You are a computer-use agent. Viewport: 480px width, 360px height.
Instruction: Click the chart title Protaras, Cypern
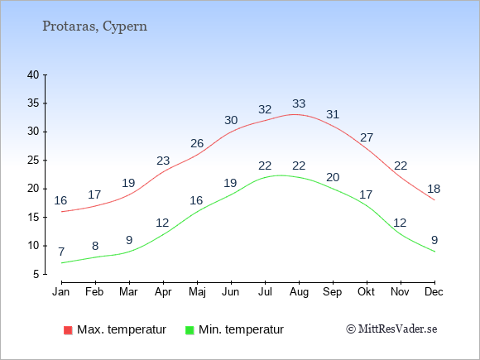(94, 26)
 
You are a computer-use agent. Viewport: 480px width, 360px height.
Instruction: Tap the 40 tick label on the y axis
(33, 74)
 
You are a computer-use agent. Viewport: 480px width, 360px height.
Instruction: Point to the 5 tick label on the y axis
(36, 274)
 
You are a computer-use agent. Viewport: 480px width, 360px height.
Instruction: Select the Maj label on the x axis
(197, 292)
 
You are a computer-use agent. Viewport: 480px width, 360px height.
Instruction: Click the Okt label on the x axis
(366, 292)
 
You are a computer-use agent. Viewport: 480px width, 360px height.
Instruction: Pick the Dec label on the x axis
(434, 292)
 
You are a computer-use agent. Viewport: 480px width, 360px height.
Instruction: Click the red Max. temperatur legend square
(68, 330)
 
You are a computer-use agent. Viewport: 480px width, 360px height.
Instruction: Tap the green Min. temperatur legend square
(190, 330)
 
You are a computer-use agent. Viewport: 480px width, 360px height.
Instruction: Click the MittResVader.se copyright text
(391, 329)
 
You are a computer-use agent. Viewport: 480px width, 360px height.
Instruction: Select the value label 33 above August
(299, 103)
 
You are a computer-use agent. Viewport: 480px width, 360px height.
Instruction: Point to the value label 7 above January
(61, 252)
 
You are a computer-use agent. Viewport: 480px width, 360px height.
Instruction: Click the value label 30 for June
(231, 120)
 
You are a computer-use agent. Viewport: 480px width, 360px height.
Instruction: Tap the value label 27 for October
(367, 137)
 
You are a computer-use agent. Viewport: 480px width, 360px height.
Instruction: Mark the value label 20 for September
(333, 178)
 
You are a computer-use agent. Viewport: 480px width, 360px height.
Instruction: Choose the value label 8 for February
(95, 246)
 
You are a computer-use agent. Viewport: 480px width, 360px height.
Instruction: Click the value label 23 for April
(163, 161)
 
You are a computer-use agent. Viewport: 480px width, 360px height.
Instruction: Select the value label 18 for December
(434, 189)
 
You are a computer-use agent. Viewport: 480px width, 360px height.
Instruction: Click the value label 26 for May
(197, 143)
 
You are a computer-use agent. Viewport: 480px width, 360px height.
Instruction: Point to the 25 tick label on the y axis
(33, 160)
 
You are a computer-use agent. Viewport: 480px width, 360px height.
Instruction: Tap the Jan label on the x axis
(61, 292)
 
